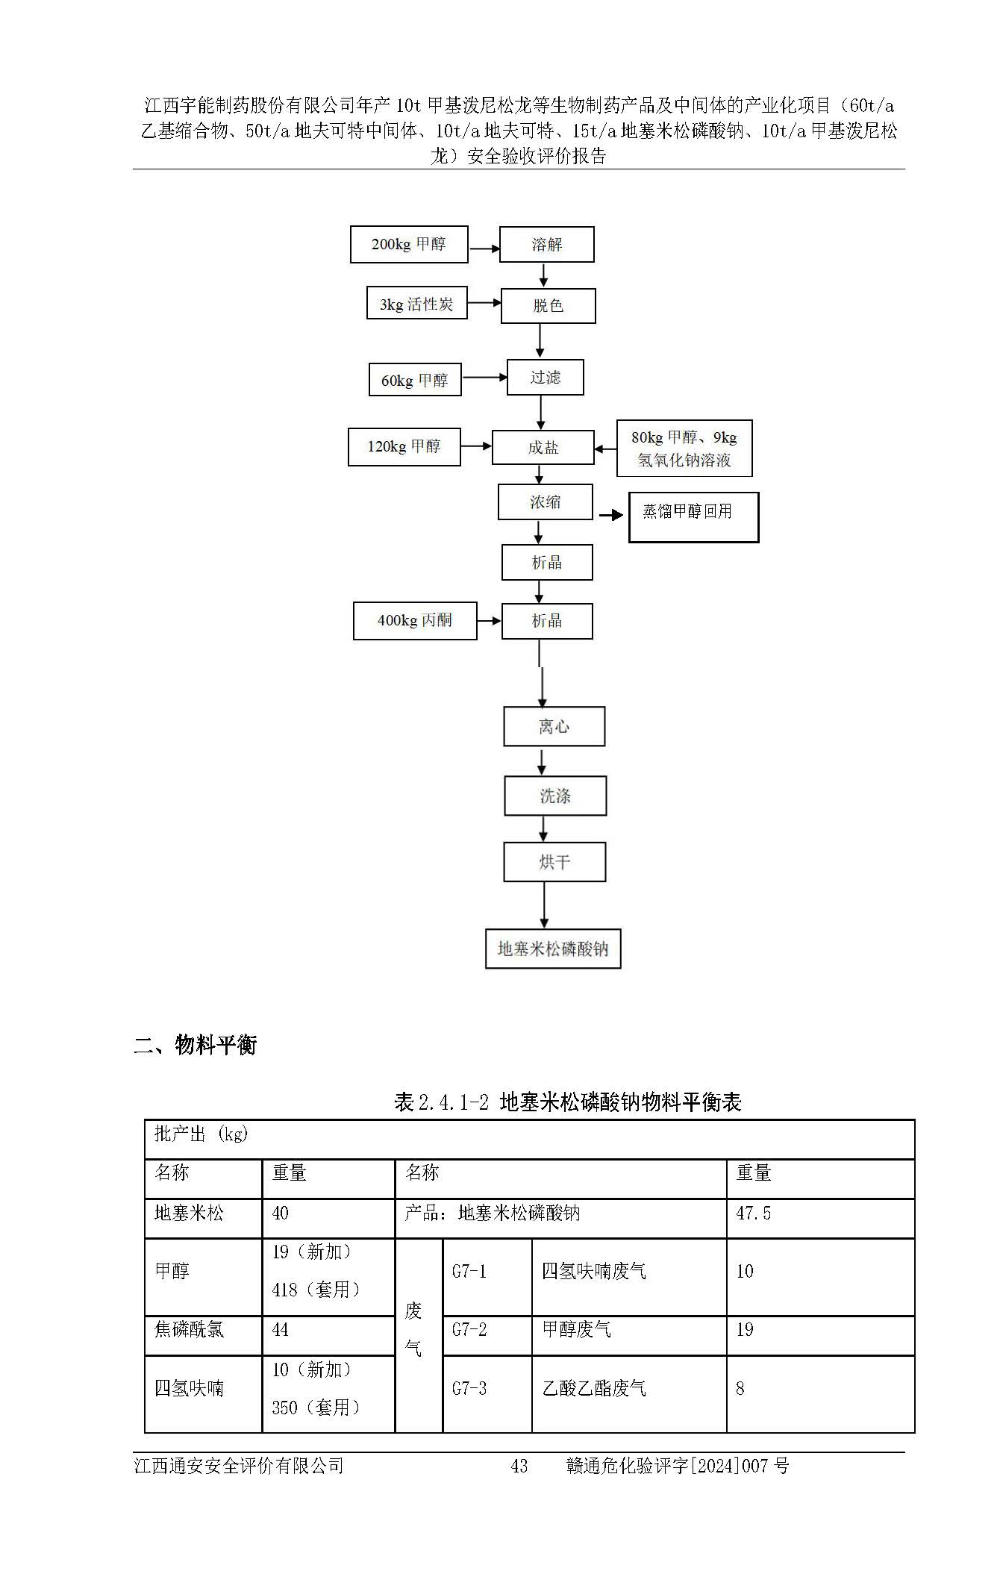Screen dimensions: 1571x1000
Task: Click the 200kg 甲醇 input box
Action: [409, 245]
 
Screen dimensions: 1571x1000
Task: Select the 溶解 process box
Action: [546, 245]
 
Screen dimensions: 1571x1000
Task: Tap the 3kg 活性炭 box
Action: [416, 304]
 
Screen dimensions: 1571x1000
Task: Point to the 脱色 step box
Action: [548, 306]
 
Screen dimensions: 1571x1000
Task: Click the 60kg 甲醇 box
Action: [415, 380]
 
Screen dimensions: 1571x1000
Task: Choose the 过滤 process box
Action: [545, 378]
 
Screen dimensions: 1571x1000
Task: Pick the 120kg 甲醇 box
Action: [404, 447]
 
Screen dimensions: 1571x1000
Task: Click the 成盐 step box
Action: [543, 448]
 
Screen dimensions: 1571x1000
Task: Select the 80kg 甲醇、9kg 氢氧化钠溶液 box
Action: [684, 449]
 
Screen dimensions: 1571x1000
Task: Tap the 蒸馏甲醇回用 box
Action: [693, 516]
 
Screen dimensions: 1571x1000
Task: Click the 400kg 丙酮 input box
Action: [414, 621]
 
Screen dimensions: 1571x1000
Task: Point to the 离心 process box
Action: [554, 727]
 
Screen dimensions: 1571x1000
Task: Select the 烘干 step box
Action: [554, 863]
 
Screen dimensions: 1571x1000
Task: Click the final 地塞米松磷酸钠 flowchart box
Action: [553, 949]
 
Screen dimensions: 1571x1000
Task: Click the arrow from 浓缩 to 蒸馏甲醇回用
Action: [611, 515]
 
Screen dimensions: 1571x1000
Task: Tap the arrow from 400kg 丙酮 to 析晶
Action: [489, 621]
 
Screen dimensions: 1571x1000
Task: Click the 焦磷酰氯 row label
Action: [189, 1329]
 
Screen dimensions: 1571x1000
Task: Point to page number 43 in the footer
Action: [519, 1466]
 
